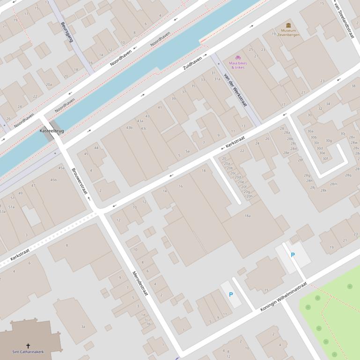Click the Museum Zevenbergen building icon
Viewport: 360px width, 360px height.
click(x=288, y=25)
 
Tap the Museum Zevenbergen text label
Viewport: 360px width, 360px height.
click(x=288, y=33)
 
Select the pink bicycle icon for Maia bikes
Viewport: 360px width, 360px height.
click(x=238, y=57)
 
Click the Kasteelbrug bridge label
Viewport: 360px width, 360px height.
click(x=51, y=131)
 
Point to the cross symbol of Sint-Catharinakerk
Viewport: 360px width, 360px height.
click(x=28, y=346)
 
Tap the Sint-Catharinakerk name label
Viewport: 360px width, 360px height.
click(x=28, y=352)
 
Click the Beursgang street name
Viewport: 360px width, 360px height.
click(x=67, y=32)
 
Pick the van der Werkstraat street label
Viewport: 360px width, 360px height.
click(x=235, y=90)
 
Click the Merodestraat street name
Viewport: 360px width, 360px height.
click(x=140, y=283)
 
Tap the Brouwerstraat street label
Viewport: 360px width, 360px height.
click(x=80, y=181)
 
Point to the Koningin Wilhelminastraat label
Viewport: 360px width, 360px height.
click(x=284, y=297)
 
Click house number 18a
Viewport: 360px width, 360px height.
click(x=247, y=216)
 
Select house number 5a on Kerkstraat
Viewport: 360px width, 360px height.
click(x=187, y=151)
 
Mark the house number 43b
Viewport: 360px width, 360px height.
click(x=129, y=128)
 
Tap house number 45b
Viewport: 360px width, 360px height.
click(x=53, y=180)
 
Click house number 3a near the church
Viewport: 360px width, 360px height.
click(x=83, y=326)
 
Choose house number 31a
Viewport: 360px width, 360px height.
click(x=217, y=79)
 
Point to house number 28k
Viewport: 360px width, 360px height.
click(x=323, y=190)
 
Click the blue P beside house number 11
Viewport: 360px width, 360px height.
click(x=231, y=295)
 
